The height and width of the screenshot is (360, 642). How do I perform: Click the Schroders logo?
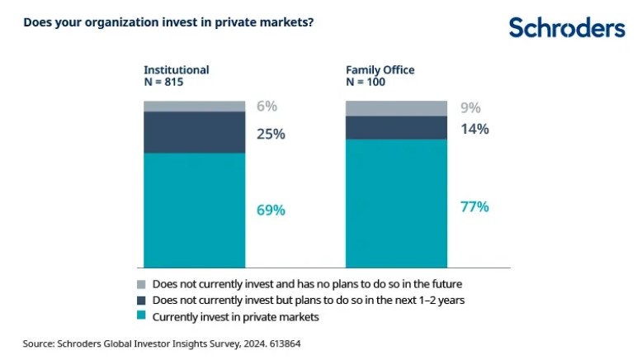566,27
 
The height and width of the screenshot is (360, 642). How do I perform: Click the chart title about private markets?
168,22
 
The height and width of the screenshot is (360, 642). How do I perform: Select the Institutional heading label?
177,70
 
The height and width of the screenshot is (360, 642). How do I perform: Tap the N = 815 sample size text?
166,83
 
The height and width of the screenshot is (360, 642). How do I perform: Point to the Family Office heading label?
380,70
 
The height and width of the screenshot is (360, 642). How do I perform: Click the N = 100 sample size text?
367,83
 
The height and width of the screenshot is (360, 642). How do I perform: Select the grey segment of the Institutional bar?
195,106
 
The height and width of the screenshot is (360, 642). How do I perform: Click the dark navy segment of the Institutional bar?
195,132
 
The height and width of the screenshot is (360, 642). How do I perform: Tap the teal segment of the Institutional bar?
195,211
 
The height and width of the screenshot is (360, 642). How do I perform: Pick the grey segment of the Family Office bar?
395,108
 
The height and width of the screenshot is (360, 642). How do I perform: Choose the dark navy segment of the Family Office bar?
395,127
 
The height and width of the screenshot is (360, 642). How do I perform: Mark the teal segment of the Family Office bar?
395,203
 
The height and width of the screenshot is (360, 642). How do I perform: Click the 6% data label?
267,107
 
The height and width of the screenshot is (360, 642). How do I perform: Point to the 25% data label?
271,134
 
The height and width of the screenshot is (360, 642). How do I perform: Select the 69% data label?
271,211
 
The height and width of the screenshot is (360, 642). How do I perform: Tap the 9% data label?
470,108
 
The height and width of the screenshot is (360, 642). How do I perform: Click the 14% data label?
474,129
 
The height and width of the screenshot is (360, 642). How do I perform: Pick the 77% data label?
474,206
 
